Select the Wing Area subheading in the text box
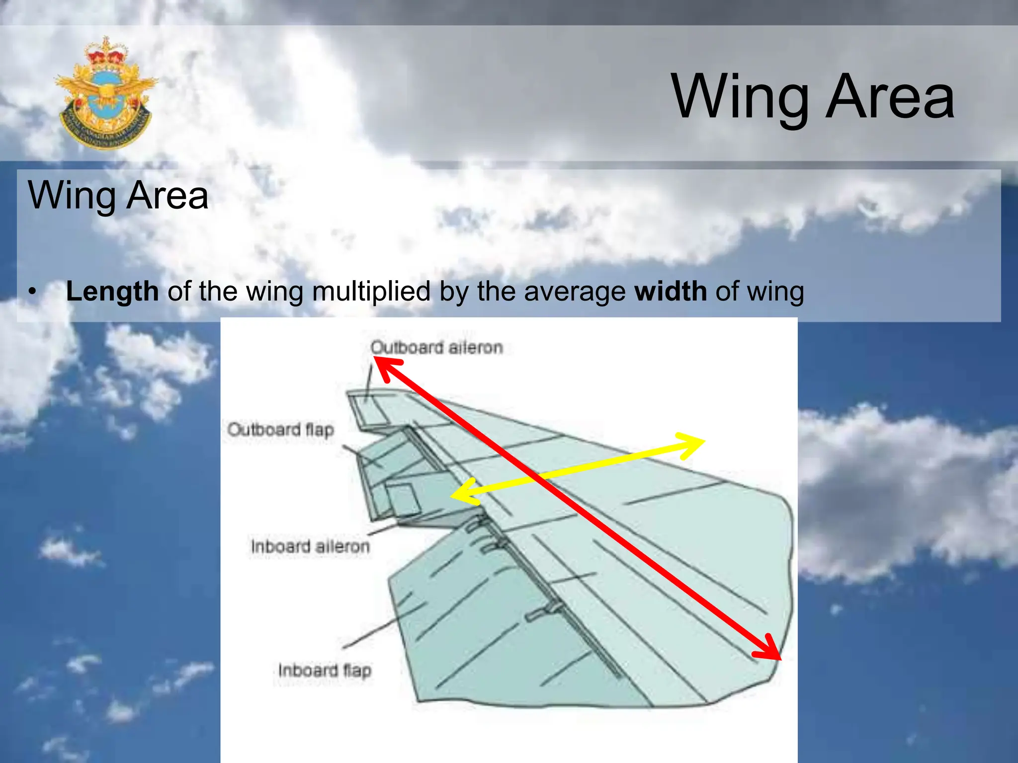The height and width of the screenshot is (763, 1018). [118, 195]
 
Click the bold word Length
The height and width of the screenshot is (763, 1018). [112, 291]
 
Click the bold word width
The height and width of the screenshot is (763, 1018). [671, 291]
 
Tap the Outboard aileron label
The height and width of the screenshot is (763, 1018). [436, 347]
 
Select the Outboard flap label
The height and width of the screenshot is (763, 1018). [280, 429]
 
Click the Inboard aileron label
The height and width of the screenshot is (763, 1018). [310, 546]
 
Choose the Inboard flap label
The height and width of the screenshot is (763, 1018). [325, 670]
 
